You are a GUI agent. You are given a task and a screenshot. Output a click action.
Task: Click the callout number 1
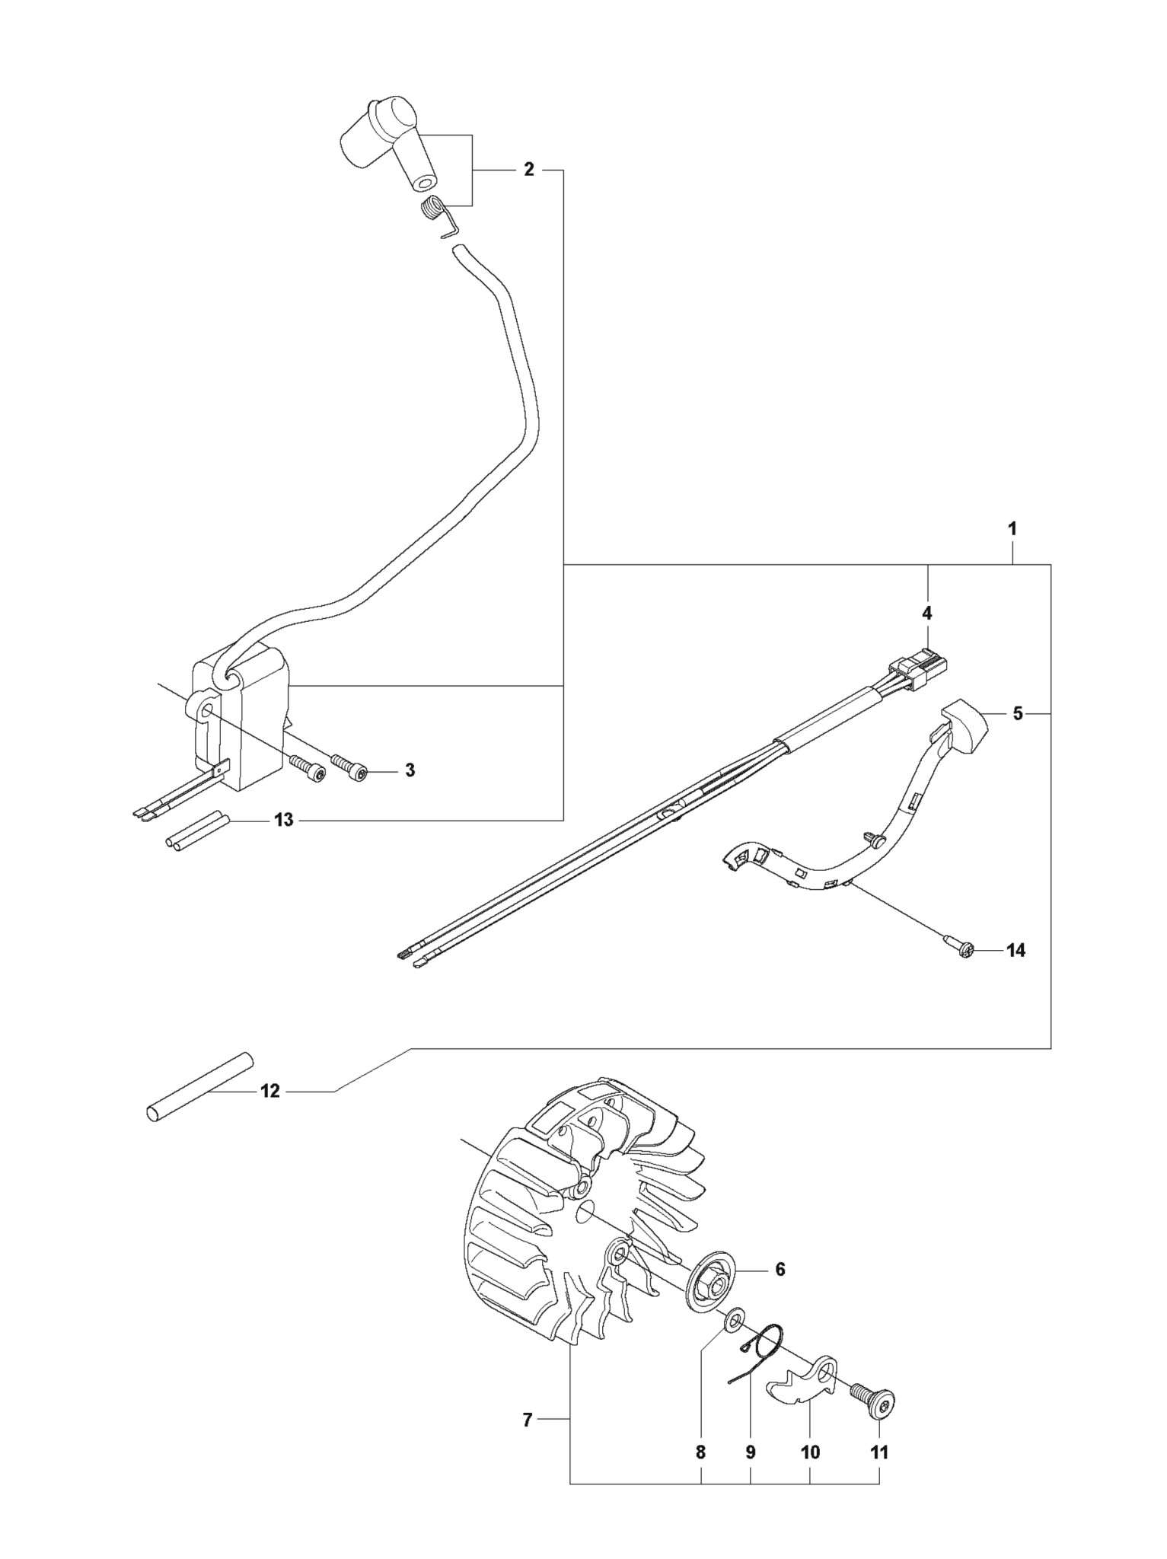(x=1012, y=529)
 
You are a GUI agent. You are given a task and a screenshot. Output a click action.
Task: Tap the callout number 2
(x=529, y=170)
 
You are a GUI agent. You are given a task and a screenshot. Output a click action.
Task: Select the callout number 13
(x=284, y=821)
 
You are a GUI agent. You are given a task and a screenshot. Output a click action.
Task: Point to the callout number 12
(x=270, y=1092)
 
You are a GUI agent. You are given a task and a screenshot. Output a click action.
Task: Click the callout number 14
(x=1016, y=951)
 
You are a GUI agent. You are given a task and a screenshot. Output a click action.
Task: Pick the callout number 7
(x=527, y=1420)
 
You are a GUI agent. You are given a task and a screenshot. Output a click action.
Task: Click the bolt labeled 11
(x=873, y=1401)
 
